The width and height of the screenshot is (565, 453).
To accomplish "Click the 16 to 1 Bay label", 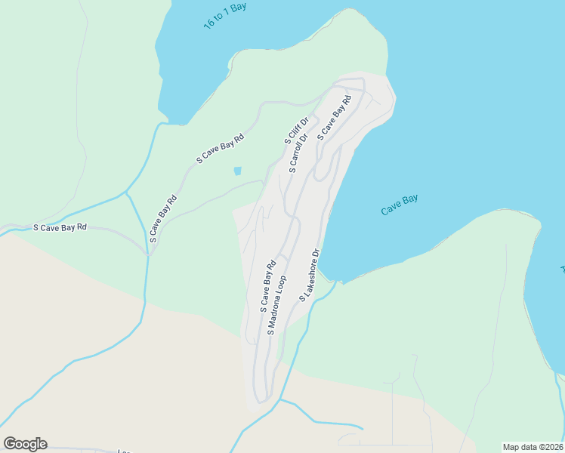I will tap(225, 16).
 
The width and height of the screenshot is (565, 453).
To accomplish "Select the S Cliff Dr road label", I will tap(297, 131).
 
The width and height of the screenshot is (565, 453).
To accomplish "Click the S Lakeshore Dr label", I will tap(310, 276).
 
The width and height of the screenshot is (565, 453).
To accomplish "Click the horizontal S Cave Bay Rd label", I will tap(60, 226).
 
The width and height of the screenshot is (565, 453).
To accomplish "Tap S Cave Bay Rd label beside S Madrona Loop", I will tap(266, 287).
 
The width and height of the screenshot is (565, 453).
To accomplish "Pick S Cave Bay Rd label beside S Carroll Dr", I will tap(335, 117).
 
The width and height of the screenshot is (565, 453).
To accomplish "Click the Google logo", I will tap(25, 444).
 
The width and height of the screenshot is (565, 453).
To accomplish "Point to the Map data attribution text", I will tap(533, 446).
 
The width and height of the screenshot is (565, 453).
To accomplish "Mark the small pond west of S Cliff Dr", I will tap(237, 171).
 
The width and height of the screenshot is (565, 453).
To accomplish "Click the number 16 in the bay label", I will tap(209, 24).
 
